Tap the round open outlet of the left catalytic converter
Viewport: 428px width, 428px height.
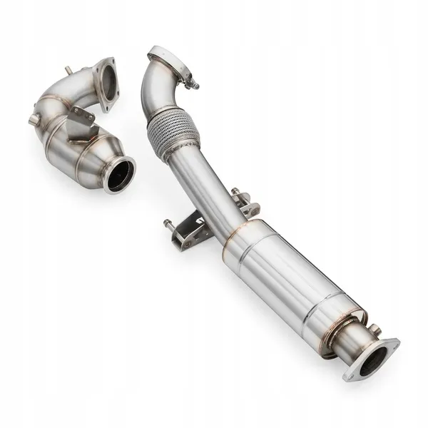point(119,175)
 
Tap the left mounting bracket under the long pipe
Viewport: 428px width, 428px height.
point(192,233)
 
